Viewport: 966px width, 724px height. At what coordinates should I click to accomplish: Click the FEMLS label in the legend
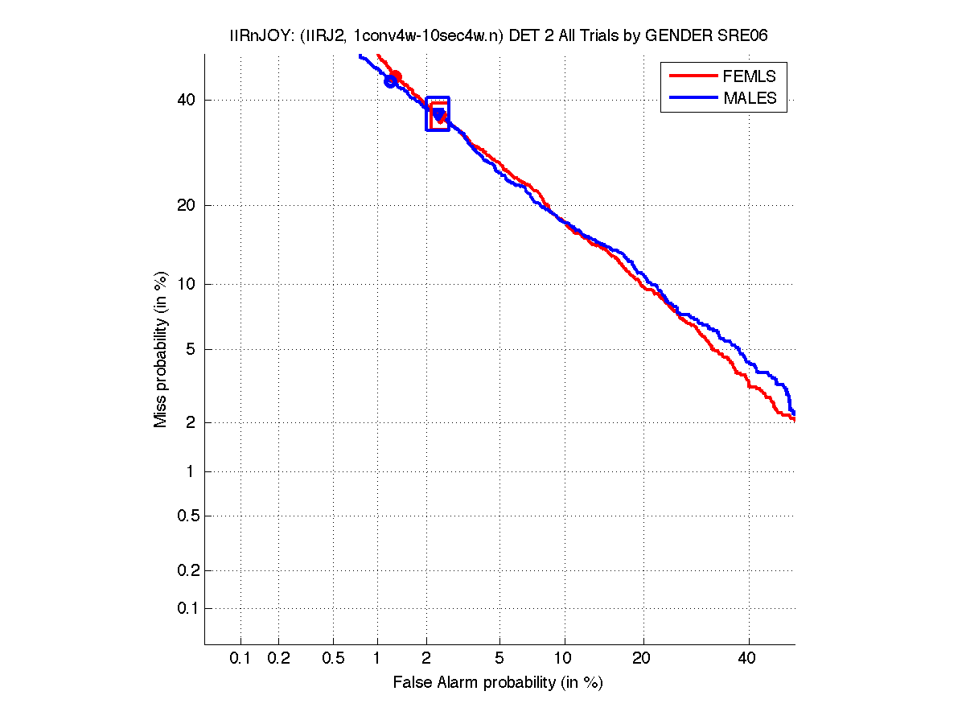click(x=750, y=76)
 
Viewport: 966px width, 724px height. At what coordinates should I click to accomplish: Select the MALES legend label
click(x=750, y=98)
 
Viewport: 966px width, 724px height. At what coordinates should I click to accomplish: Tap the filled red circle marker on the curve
click(x=395, y=76)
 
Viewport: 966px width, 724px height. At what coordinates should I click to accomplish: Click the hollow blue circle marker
click(x=391, y=81)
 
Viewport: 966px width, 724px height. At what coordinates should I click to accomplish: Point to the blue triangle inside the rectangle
click(x=438, y=114)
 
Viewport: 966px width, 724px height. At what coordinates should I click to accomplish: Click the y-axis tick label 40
click(x=187, y=101)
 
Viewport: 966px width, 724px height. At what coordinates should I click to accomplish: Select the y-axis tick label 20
click(x=187, y=205)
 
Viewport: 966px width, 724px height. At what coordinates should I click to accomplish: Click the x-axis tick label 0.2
click(x=278, y=658)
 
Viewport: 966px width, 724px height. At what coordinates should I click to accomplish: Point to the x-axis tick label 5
click(x=499, y=658)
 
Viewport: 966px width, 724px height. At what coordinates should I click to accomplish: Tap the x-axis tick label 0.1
click(x=240, y=658)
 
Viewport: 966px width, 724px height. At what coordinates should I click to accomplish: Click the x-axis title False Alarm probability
click(x=498, y=683)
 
